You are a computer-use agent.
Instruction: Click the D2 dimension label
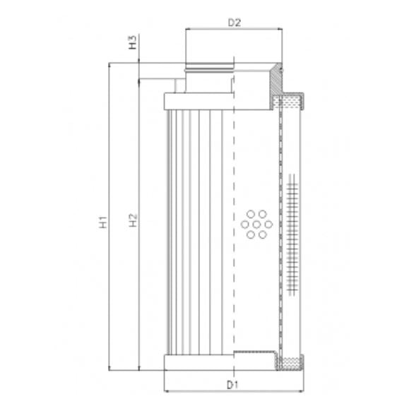click(x=235, y=22)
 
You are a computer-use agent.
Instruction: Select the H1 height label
click(x=103, y=222)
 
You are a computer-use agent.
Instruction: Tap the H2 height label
click(x=133, y=222)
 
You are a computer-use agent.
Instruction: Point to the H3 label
click(x=133, y=44)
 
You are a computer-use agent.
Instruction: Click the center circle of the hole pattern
click(x=252, y=226)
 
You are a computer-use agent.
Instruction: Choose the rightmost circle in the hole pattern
click(x=261, y=226)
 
